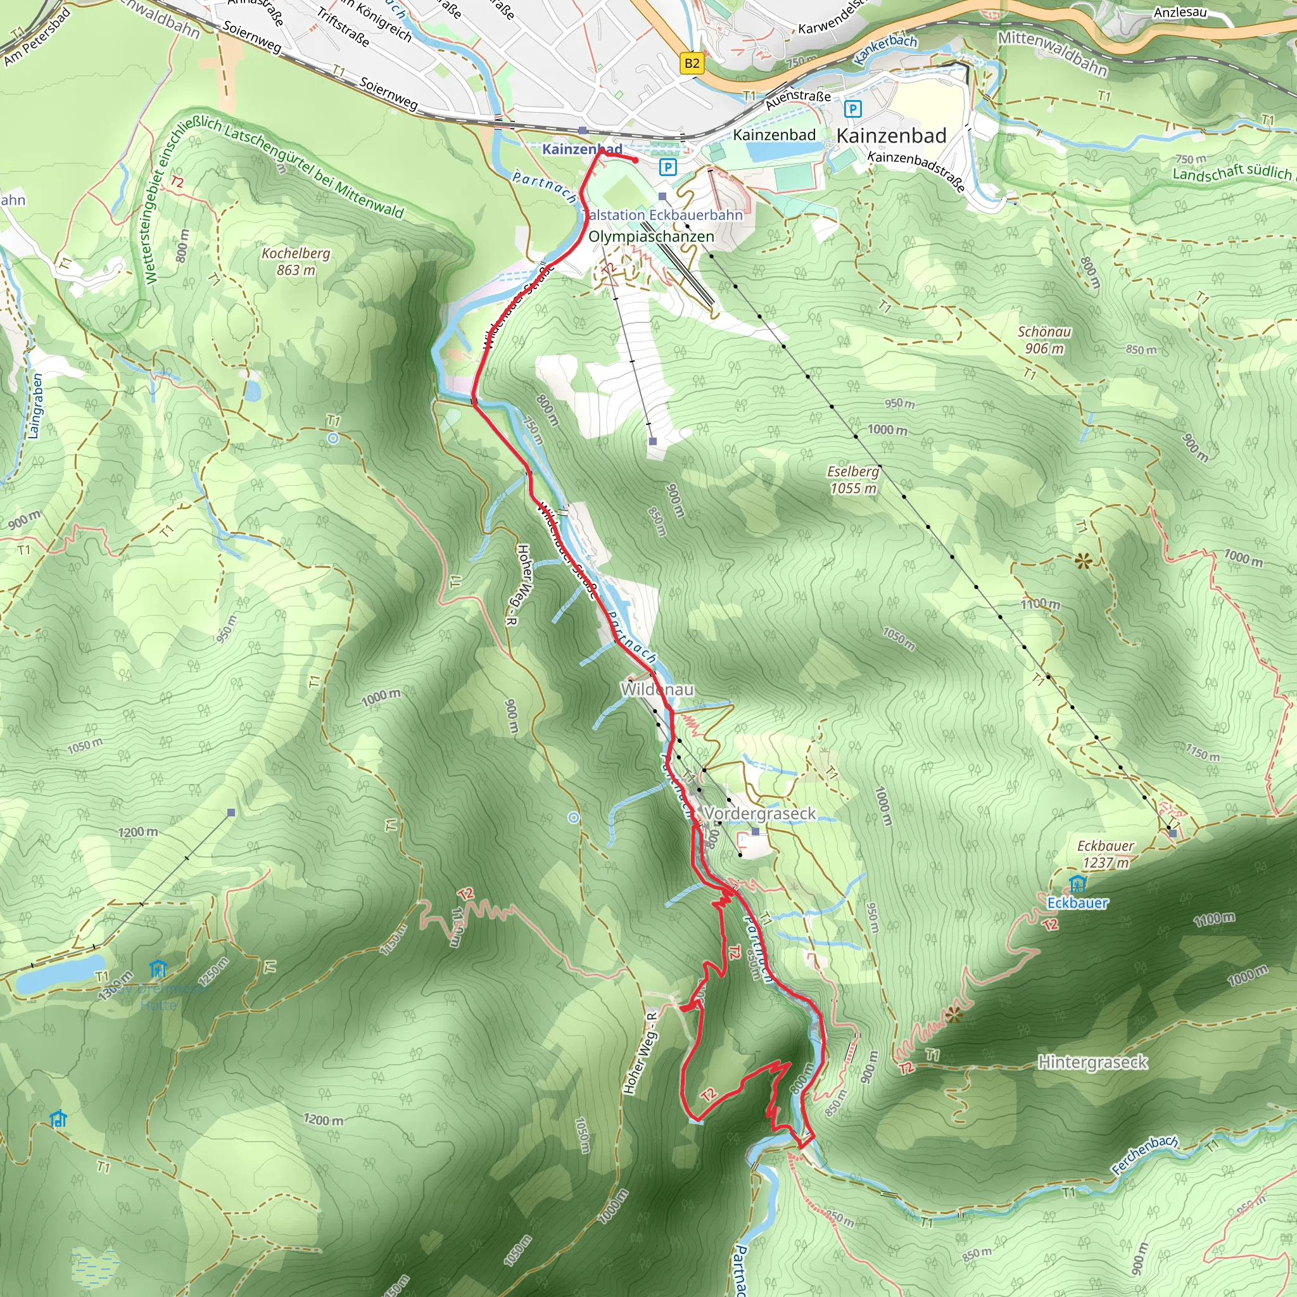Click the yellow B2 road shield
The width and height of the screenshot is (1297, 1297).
692,64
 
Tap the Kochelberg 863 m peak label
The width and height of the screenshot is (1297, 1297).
296,262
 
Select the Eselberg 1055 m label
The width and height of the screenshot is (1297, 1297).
853,480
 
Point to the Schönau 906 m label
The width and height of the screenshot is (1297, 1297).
1044,339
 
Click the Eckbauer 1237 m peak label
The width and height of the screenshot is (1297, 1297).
1106,854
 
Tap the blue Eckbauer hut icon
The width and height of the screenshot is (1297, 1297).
1077,883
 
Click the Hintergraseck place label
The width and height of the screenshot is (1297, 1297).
1092,1062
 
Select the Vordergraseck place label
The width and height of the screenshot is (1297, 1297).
759,814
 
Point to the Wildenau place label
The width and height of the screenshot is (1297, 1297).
657,690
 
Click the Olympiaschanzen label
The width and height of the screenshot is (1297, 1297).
651,236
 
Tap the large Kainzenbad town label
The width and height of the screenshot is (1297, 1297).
891,136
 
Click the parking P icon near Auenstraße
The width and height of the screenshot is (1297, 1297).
852,109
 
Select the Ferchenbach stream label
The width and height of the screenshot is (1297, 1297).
1144,1155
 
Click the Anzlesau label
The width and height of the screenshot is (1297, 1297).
1180,12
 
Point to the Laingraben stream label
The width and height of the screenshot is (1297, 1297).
35,406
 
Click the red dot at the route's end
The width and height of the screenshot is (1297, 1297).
635,160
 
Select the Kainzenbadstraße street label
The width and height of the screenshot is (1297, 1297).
916,170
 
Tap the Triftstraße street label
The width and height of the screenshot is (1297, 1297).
343,27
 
